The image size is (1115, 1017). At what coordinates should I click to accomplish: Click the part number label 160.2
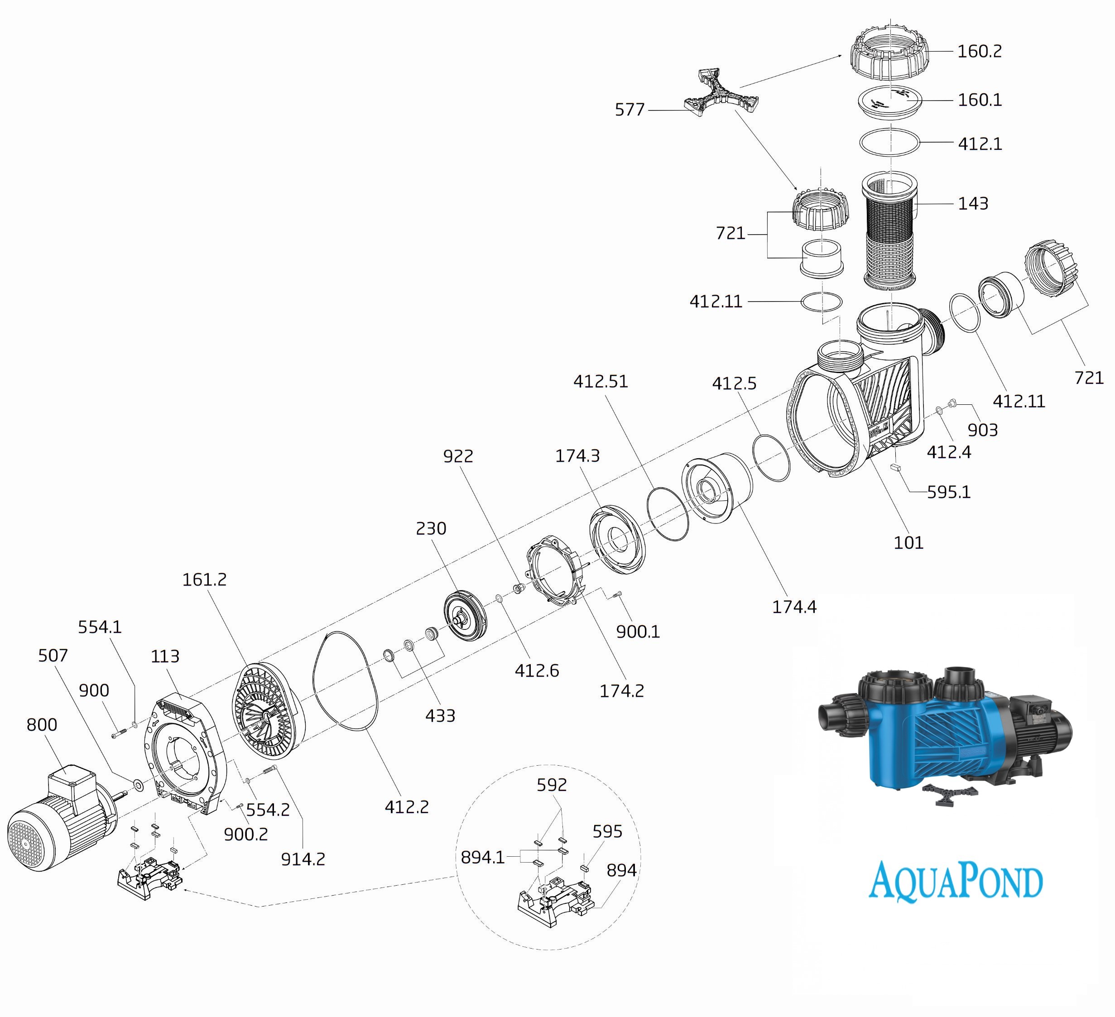pos(980,52)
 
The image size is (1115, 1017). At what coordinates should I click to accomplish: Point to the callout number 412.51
pos(601,382)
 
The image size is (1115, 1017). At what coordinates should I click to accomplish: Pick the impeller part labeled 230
pos(465,616)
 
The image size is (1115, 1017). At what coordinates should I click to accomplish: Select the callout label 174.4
pos(794,607)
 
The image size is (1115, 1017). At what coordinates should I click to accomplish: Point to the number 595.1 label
pos(948,492)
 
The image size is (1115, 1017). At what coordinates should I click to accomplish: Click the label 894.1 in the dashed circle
pos(482,857)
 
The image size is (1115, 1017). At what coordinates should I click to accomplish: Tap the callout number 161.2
pos(205,580)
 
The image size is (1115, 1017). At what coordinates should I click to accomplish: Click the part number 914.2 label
pos(303,859)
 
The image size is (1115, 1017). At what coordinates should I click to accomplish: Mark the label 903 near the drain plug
pos(983,430)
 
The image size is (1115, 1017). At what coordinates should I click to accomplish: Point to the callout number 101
pos(908,542)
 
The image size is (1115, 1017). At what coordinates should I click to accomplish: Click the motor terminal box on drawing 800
pos(72,786)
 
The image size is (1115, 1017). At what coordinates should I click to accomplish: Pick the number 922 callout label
pos(458,456)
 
